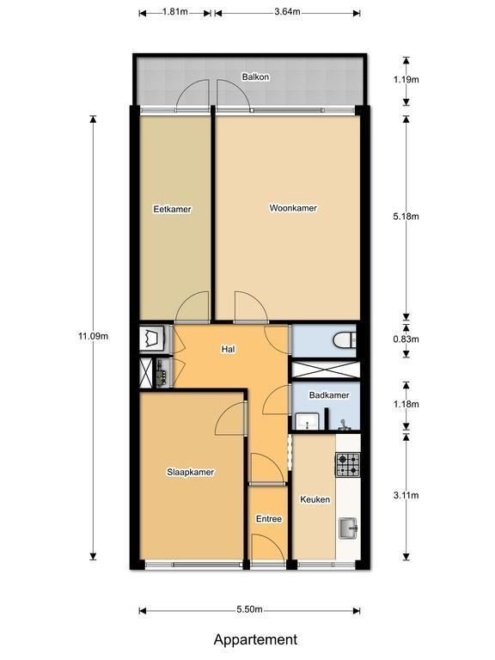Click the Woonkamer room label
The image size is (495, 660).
pyautogui.click(x=293, y=208)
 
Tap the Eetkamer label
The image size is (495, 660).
pyautogui.click(x=172, y=209)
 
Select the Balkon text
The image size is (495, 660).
pyautogui.click(x=255, y=77)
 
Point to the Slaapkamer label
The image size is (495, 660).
pyautogui.click(x=190, y=473)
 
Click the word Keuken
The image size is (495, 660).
pyautogui.click(x=315, y=499)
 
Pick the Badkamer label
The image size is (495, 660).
pyautogui.click(x=329, y=395)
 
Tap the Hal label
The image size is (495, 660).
pyautogui.click(x=228, y=349)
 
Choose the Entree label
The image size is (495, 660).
pyautogui.click(x=268, y=519)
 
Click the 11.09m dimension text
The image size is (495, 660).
pyautogui.click(x=93, y=336)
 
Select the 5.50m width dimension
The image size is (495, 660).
pyautogui.click(x=249, y=609)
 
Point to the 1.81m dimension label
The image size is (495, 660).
pyautogui.click(x=175, y=12)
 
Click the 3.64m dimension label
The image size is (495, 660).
pyautogui.click(x=288, y=12)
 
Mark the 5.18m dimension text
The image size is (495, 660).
pyautogui.click(x=406, y=217)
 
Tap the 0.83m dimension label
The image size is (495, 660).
pyautogui.click(x=406, y=339)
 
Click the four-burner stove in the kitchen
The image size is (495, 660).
pyautogui.click(x=348, y=465)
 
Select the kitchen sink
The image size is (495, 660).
pyautogui.click(x=349, y=529)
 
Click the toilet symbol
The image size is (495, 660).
pyautogui.click(x=345, y=340)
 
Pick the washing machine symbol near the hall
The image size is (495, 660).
pyautogui.click(x=150, y=339)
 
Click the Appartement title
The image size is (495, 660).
pyautogui.click(x=255, y=639)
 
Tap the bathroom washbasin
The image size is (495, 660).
pyautogui.click(x=308, y=421)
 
